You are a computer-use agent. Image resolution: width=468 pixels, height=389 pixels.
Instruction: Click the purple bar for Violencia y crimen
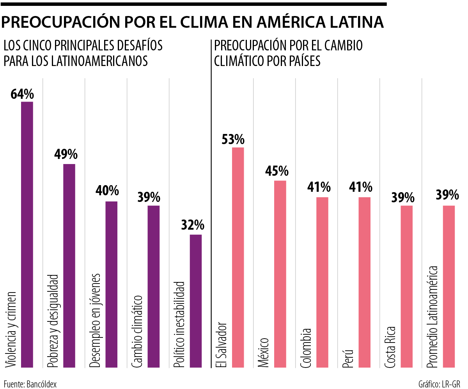click(27, 234)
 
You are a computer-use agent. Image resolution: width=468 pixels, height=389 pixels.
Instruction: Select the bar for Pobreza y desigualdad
click(69, 266)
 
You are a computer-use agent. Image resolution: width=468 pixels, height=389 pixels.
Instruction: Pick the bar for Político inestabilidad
click(195, 301)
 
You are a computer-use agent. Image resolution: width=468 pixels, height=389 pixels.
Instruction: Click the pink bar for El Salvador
click(238, 257)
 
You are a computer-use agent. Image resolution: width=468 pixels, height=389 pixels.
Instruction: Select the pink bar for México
click(280, 274)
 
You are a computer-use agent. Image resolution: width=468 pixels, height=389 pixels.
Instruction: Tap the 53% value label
click(233, 139)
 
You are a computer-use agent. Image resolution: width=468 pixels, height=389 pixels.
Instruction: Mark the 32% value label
click(192, 225)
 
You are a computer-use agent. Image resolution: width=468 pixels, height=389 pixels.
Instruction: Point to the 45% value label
click(277, 171)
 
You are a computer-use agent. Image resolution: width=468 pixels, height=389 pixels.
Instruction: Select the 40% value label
click(107, 191)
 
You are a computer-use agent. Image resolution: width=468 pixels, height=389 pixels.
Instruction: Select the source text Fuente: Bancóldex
click(30, 384)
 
